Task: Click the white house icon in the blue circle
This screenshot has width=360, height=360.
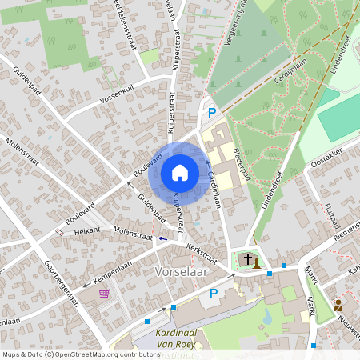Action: [x=180, y=172]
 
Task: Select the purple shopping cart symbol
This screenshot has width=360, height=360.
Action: [x=104, y=294]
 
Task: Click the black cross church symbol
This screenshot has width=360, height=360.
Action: [x=248, y=259]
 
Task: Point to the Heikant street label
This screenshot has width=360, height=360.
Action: [x=87, y=230]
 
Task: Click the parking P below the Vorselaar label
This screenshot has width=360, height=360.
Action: [x=214, y=294]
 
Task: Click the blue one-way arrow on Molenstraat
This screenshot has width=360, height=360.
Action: [x=163, y=238]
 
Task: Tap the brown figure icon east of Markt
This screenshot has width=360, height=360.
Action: [x=338, y=306]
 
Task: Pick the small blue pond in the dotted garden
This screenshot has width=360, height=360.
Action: [x=266, y=318]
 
